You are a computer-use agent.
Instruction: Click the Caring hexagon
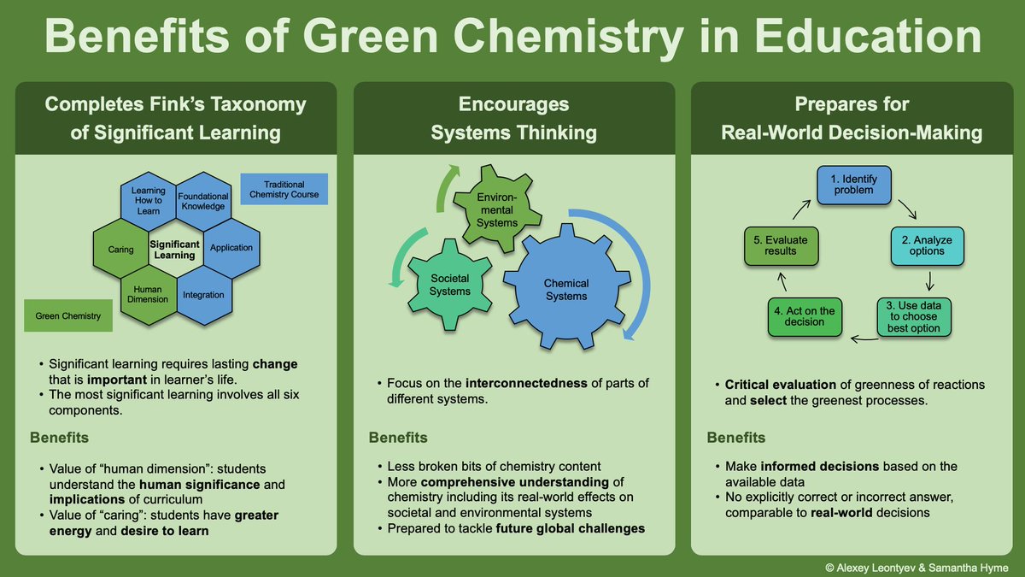[121, 250]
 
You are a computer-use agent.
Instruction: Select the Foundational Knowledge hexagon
[203, 201]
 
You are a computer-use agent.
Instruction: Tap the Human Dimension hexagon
[148, 295]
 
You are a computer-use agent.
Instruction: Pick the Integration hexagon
[203, 295]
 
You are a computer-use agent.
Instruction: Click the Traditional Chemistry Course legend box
[284, 190]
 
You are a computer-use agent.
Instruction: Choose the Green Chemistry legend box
[68, 316]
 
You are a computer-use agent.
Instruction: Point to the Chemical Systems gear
[566, 289]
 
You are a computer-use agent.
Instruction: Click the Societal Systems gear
[450, 285]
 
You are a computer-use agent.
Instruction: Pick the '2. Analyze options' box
[927, 245]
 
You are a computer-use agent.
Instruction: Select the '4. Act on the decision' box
[804, 315]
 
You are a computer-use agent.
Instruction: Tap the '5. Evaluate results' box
[780, 245]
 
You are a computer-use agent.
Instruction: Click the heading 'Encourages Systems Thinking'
[514, 118]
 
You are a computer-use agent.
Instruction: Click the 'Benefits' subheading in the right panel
[735, 438]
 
